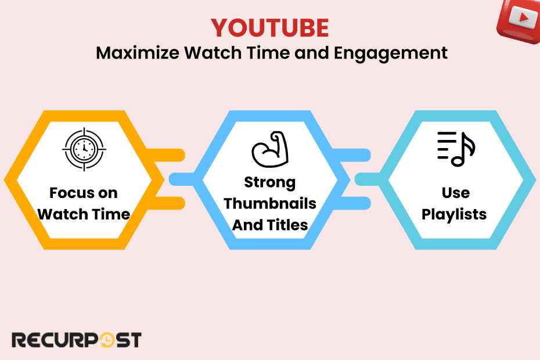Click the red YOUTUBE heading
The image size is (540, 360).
point(269,28)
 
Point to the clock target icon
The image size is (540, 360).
point(84,149)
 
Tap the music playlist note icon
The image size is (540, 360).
point(456,149)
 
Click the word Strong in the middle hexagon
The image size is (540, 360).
point(269,182)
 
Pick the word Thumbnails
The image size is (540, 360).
point(270,203)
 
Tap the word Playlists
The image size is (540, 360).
point(454,214)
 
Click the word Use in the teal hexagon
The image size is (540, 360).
point(455,193)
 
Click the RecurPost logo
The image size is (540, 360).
point(76,340)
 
